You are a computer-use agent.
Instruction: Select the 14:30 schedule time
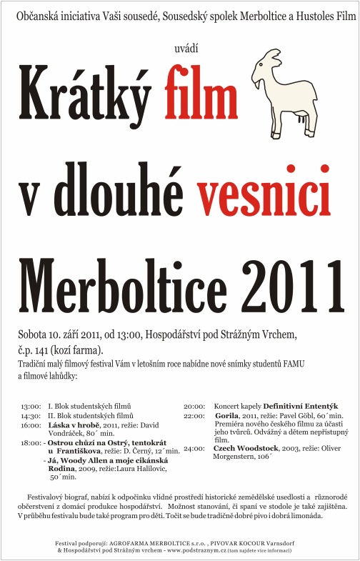tap(31, 414)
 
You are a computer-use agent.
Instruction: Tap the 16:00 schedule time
tap(31, 425)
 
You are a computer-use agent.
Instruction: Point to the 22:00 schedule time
tap(194, 414)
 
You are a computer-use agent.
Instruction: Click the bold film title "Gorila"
tap(228, 414)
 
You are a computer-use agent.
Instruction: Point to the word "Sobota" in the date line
tap(34, 334)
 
